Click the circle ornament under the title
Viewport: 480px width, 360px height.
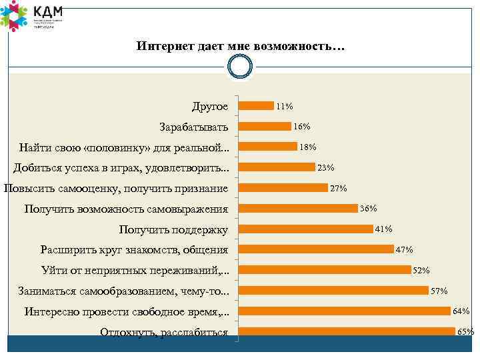240,67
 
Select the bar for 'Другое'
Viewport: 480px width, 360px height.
256,105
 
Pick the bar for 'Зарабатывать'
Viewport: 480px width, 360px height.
265,126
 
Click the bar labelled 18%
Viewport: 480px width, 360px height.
268,147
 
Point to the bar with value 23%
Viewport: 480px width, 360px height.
277,167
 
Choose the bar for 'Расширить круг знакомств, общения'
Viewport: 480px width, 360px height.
316,249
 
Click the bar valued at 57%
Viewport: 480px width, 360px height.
333,290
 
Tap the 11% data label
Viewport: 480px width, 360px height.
285,106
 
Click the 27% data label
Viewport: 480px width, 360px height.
339,189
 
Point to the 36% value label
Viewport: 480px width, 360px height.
369,209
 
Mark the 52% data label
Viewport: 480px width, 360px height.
422,271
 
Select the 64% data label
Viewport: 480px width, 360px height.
461,311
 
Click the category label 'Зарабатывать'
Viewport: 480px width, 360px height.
193,127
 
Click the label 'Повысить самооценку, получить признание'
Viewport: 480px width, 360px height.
116,189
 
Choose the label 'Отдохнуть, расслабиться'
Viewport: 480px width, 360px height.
164,333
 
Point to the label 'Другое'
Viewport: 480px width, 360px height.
209,106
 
